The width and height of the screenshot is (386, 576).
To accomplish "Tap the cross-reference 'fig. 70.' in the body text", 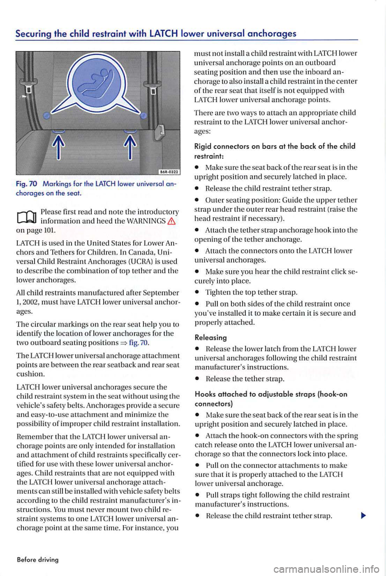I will tap(140, 343).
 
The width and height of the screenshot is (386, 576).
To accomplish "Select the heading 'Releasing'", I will tap(211, 337).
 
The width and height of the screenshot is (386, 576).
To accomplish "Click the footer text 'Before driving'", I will tap(38, 560).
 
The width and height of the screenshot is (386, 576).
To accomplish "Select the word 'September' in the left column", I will tap(160, 293).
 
